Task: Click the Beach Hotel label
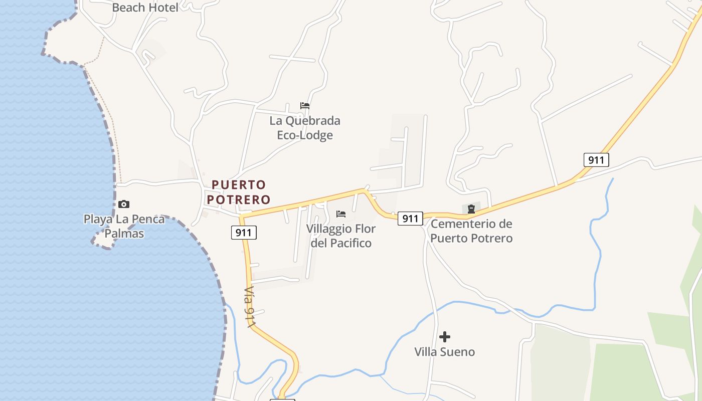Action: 145,8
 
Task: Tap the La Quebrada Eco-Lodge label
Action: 305,128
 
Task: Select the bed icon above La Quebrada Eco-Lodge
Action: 305,106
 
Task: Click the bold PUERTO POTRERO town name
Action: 239,192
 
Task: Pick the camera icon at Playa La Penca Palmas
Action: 124,204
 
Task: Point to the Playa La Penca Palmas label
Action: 124,226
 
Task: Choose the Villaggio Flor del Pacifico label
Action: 341,236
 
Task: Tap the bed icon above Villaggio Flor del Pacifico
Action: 341,214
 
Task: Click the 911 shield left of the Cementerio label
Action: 410,219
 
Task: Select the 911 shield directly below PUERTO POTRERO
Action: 244,233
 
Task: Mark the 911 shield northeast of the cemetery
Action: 596,160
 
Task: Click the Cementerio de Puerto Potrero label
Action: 471,231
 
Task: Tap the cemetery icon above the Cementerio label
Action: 471,209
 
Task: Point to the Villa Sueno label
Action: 444,352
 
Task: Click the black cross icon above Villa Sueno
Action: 445,337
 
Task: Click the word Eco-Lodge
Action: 305,135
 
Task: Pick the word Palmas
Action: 124,234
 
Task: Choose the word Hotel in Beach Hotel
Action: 162,8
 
